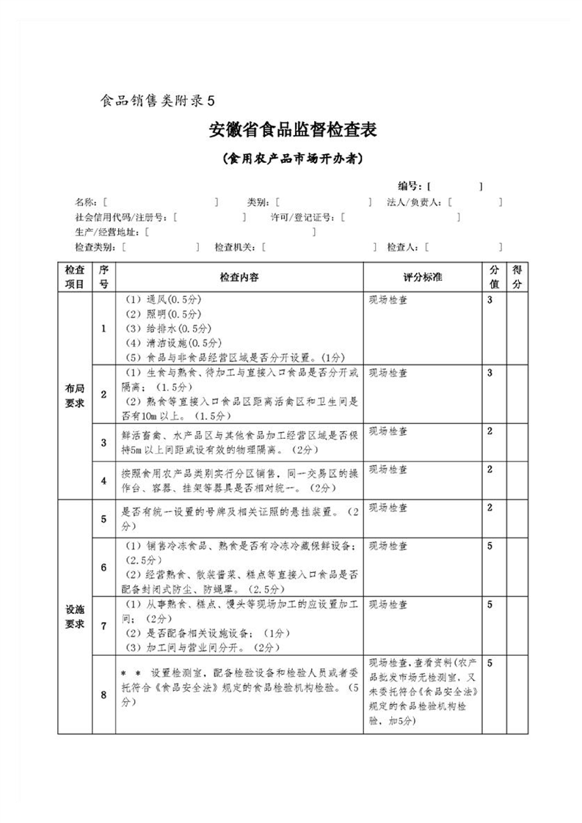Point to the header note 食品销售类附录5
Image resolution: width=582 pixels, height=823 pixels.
157,100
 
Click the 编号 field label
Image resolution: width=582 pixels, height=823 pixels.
409,186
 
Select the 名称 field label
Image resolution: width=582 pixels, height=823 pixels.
87,202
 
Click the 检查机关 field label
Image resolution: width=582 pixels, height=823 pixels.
234,248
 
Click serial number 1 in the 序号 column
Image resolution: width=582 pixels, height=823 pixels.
103,329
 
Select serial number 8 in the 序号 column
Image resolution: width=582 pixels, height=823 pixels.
103,694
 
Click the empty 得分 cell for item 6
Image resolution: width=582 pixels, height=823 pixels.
517,567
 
